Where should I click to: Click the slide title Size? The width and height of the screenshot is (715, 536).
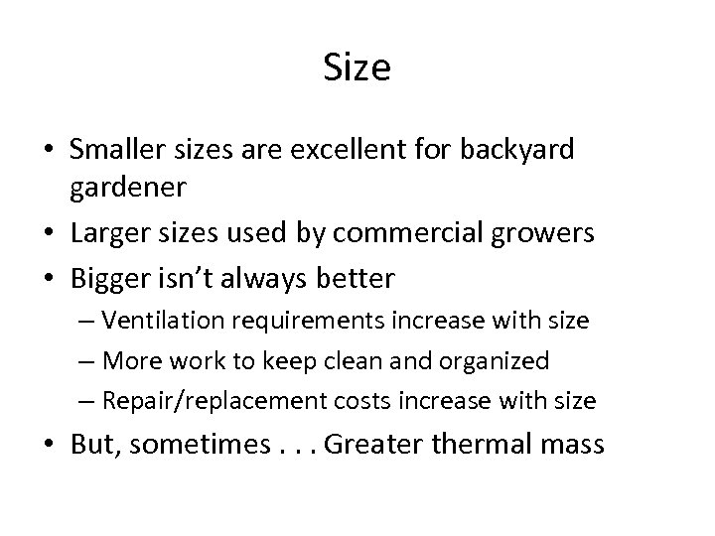click(357, 68)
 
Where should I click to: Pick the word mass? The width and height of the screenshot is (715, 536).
click(571, 445)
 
